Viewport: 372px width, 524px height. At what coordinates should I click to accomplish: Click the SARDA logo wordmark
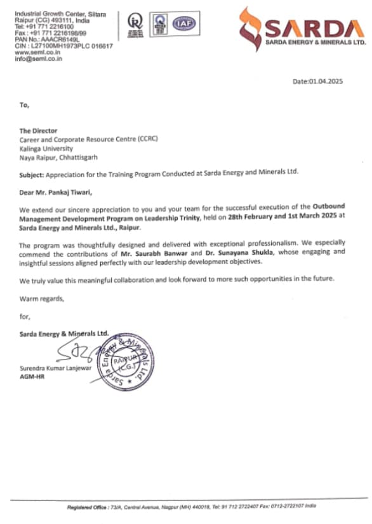point(315,28)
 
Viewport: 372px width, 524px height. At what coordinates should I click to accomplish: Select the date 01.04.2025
point(317,81)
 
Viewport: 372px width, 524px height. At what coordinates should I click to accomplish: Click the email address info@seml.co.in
point(37,58)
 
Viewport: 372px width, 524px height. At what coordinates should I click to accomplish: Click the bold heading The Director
point(38,131)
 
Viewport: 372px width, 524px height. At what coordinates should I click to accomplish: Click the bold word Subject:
point(32,172)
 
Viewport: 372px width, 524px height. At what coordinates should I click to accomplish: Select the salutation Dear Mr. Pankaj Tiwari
point(59,190)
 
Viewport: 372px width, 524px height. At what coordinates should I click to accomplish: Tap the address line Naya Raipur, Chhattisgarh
point(58,154)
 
